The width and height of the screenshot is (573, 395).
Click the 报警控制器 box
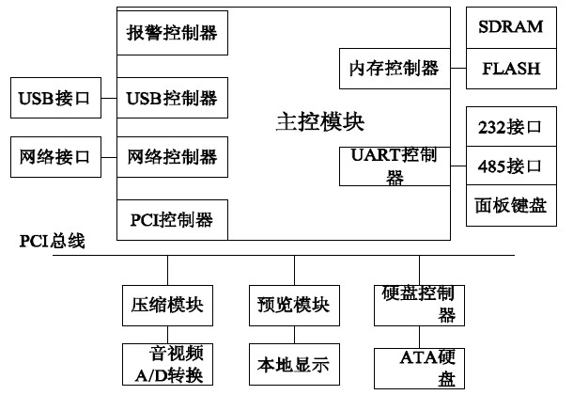(x=172, y=33)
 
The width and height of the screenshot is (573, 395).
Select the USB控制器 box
(x=172, y=97)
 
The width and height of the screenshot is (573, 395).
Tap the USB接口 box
(x=53, y=97)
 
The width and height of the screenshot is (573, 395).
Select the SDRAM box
(x=511, y=26)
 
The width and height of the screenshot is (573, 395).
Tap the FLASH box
(x=511, y=68)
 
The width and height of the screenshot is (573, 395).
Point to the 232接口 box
(x=511, y=125)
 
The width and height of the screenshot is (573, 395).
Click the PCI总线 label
(x=52, y=242)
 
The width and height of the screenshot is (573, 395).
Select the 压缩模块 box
(x=167, y=304)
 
